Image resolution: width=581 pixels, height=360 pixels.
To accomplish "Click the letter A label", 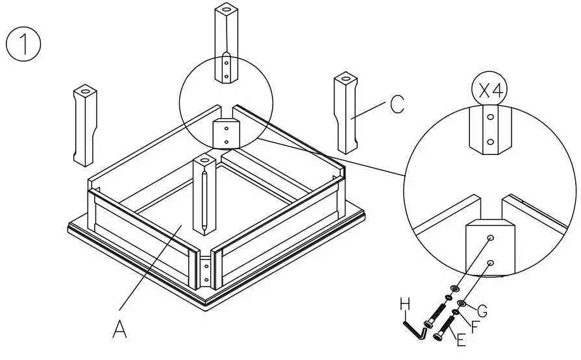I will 119,329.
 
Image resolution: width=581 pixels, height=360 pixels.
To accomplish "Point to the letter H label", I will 406,305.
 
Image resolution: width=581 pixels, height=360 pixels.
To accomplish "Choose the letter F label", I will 475,325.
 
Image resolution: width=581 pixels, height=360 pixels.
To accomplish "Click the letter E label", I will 461,339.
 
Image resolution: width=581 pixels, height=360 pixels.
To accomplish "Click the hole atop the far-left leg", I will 86,88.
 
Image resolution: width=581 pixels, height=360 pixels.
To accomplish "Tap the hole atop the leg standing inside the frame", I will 204,158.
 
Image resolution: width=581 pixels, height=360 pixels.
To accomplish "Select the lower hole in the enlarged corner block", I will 491,263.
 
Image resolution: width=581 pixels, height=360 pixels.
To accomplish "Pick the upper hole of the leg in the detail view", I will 491,118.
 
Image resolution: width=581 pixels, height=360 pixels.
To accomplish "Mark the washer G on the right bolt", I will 462,303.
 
